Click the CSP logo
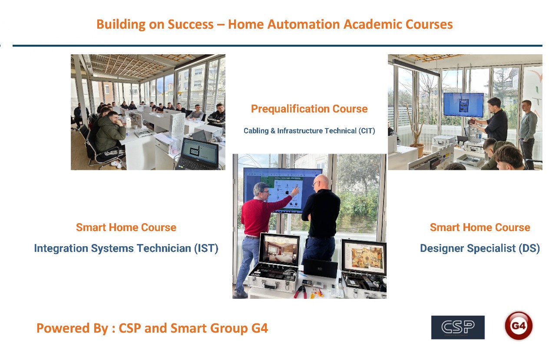[x=458, y=327]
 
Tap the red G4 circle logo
[x=519, y=325]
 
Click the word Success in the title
[x=191, y=24]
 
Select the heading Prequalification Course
[x=309, y=109]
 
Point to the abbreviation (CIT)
[x=367, y=131]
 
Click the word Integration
[x=61, y=248]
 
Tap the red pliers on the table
[x=300, y=291]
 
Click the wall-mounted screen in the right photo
[x=463, y=105]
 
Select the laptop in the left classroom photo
[x=198, y=154]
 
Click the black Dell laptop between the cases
[x=320, y=268]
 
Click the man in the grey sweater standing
[x=527, y=132]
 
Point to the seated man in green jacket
[x=110, y=133]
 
